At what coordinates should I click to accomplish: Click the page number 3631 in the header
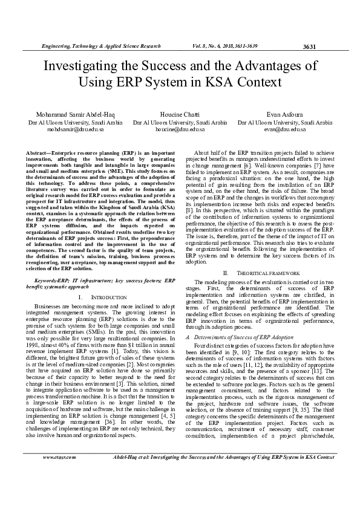point(309,46)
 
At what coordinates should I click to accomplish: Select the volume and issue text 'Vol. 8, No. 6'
point(209,46)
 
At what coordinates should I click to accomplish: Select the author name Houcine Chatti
point(180,114)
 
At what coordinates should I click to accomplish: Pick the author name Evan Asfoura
point(285,114)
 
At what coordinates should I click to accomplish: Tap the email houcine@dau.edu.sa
point(180,129)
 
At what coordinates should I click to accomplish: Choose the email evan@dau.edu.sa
point(285,129)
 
